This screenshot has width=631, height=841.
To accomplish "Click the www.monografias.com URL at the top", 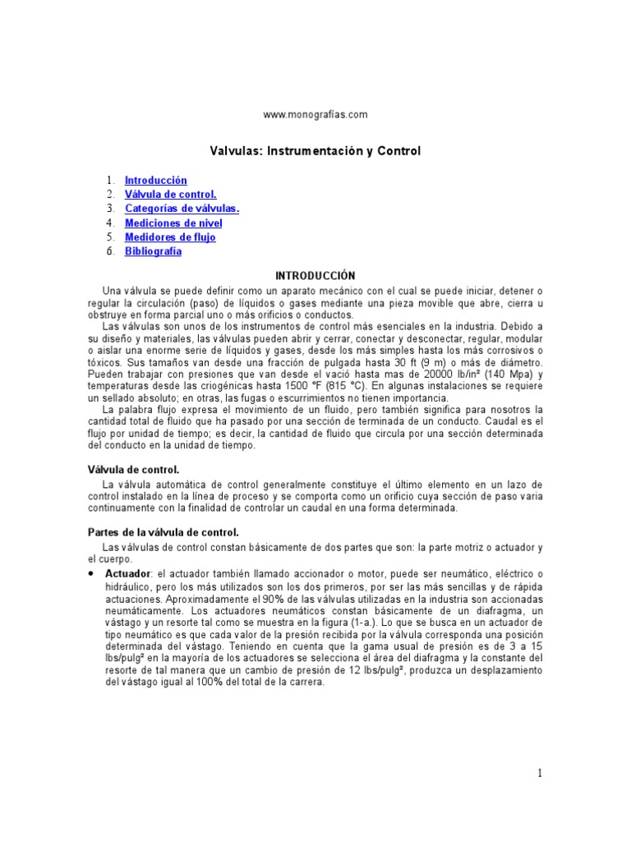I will point(315,115).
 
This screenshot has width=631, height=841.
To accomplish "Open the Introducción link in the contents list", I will point(156,180).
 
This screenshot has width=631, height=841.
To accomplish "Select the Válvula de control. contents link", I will point(170,195).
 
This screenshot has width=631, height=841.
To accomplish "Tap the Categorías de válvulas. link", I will point(182,209).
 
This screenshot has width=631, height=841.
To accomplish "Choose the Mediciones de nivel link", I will point(173,223).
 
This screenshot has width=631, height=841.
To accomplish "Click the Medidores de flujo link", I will point(170,237).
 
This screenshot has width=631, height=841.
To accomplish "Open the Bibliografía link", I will point(154,251).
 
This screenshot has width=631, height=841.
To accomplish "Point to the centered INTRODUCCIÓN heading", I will point(315,276).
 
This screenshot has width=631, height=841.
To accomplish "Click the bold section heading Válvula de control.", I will point(133,469).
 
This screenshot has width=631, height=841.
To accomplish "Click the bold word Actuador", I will point(128,572).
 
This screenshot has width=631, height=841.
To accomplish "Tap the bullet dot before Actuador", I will point(92,572).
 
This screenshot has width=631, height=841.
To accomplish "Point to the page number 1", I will point(540,772).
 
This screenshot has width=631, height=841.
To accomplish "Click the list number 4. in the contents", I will point(109,223).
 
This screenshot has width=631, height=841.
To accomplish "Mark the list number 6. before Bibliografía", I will point(109,251).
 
